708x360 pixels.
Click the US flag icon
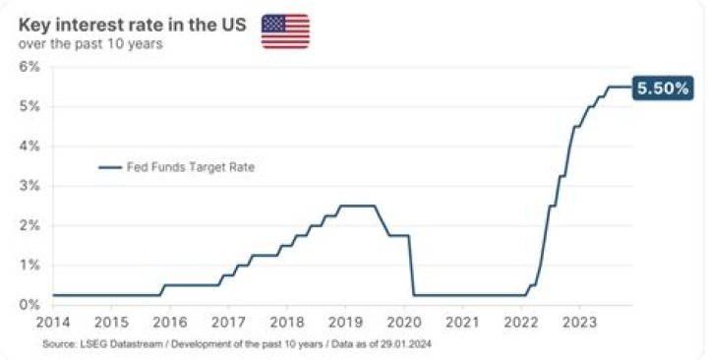point(285,31)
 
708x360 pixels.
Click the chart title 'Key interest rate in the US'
point(133,24)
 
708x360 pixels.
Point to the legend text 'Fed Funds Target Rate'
point(190,167)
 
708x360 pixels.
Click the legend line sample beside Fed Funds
point(109,167)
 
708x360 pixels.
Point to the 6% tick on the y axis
point(29,67)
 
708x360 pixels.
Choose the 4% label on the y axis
point(29,146)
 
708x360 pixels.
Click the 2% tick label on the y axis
point(29,225)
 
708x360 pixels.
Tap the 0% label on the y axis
point(29,304)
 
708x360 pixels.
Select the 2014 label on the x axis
point(54,322)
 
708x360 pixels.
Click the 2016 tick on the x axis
point(170,322)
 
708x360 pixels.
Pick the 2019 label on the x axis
point(345,322)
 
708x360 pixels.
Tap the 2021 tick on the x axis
point(462,322)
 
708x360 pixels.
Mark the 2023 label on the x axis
point(579,322)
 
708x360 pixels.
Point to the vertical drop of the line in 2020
point(411,266)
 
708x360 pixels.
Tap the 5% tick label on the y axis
point(29,106)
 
